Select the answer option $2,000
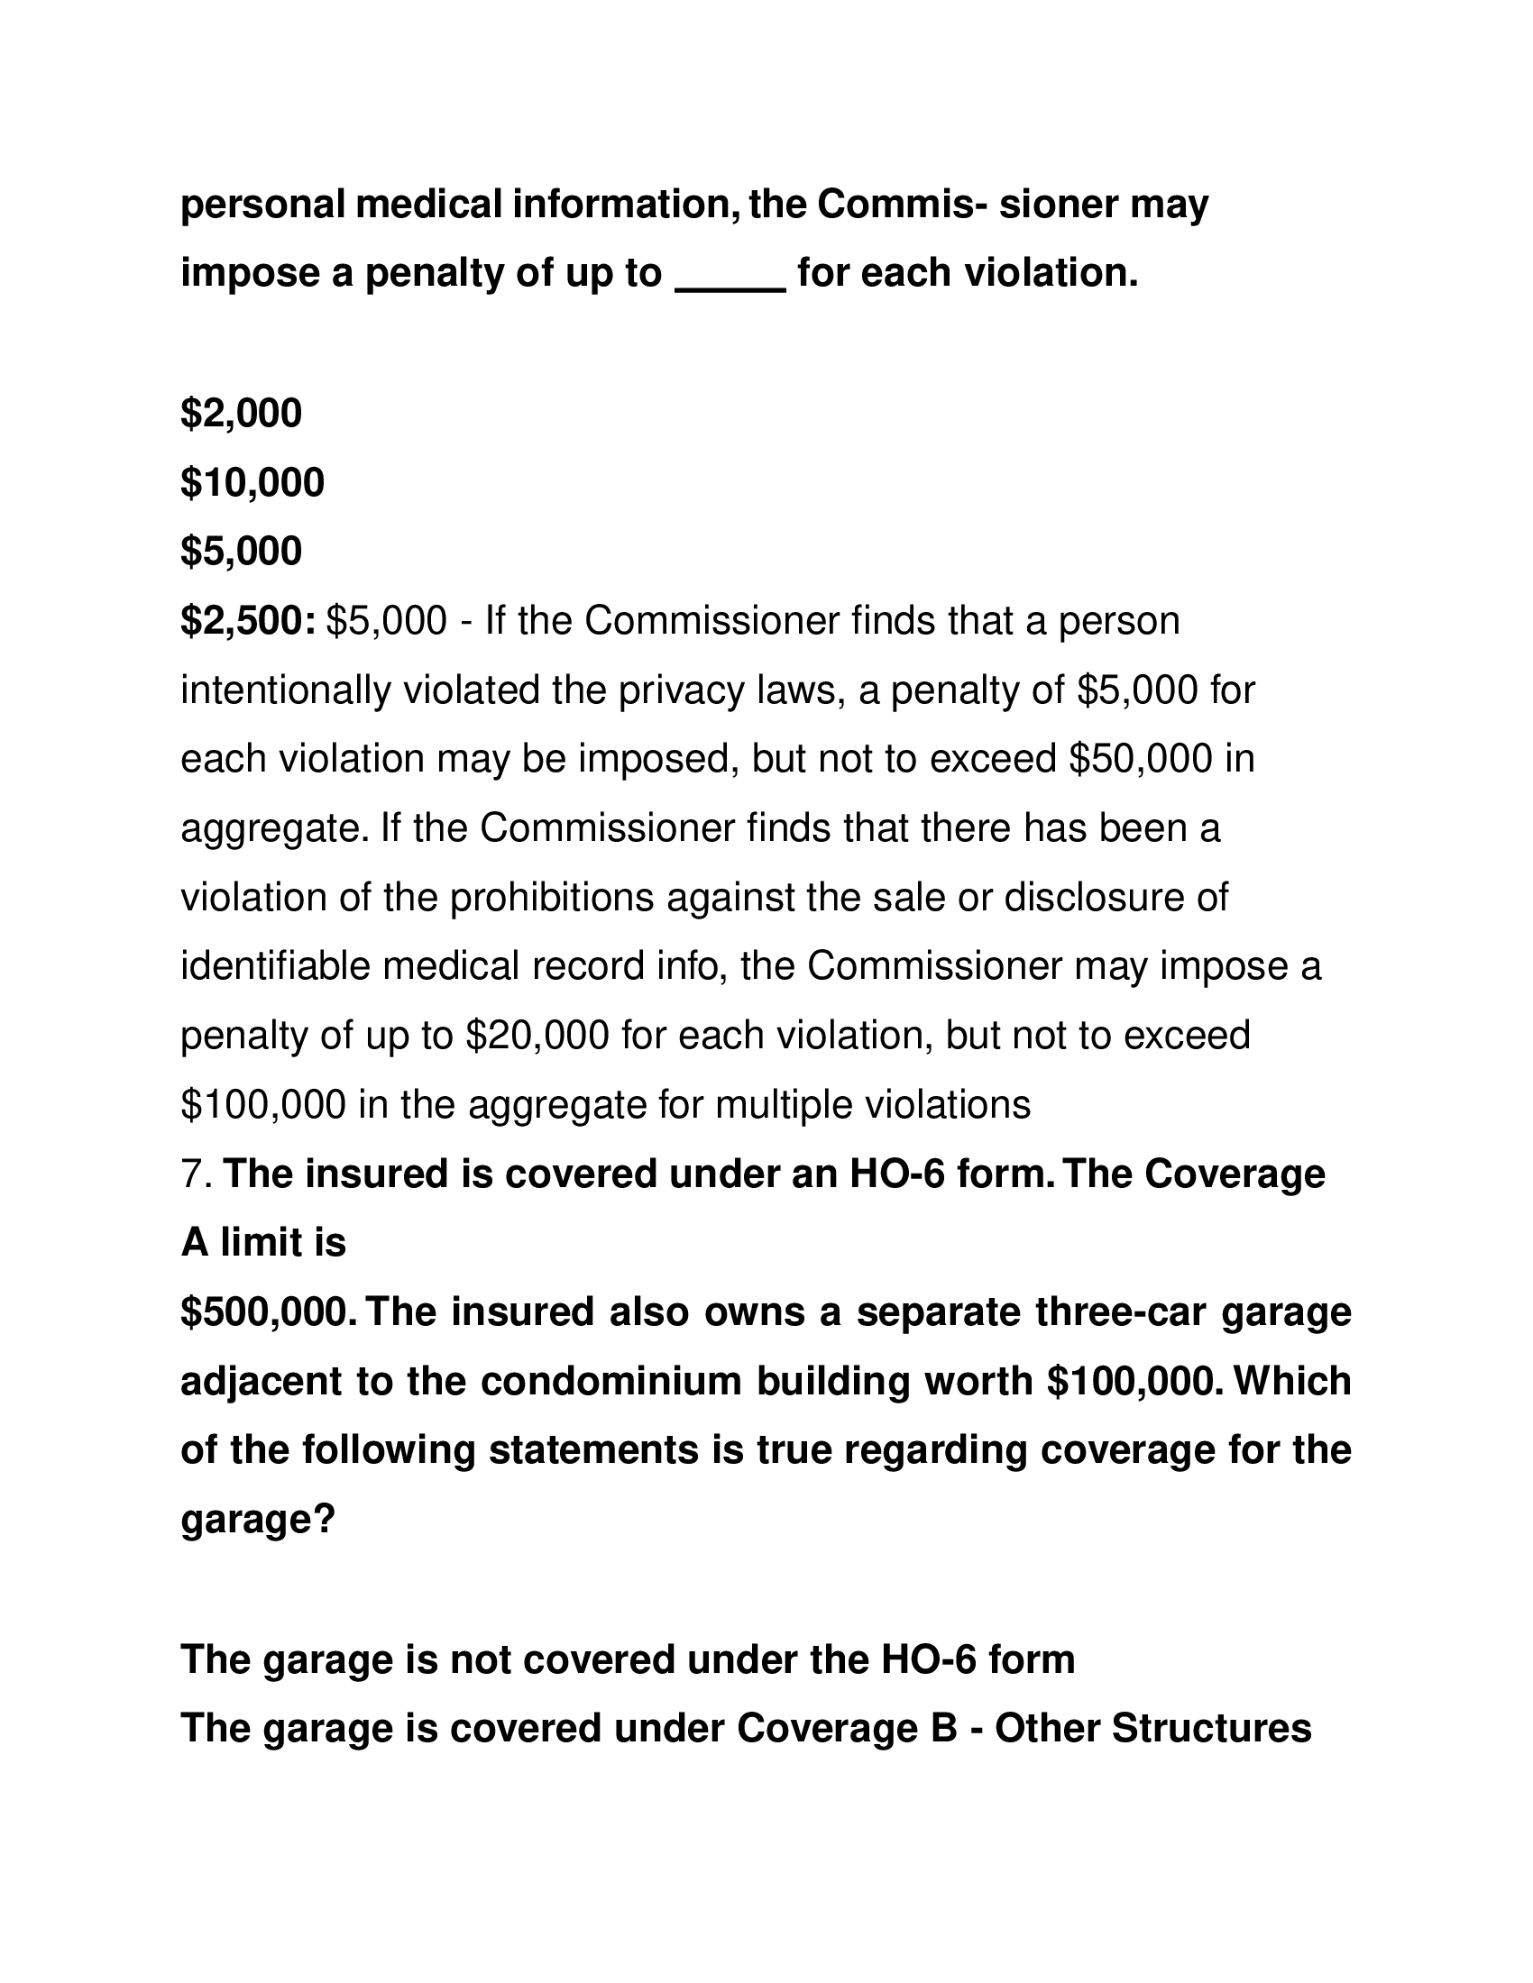[x=241, y=414]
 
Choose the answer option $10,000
[x=252, y=483]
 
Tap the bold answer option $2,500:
[x=248, y=622]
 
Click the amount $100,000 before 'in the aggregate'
[x=262, y=1105]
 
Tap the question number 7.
[x=196, y=1174]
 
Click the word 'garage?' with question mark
[x=258, y=1520]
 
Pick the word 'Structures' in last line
[x=1211, y=1729]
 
